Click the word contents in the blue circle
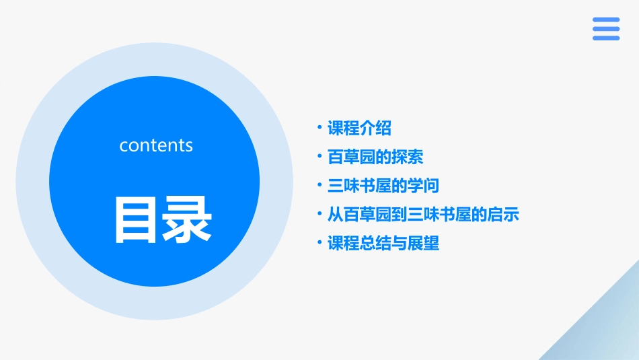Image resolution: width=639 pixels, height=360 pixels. [156, 145]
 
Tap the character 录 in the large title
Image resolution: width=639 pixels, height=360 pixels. [188, 220]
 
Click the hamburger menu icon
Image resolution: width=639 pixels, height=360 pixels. [606, 29]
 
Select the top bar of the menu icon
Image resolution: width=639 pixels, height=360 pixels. [606, 20]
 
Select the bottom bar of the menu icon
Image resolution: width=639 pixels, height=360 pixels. [606, 38]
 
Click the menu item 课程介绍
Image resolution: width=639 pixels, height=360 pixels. [359, 128]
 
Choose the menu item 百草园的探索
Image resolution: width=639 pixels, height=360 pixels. [375, 157]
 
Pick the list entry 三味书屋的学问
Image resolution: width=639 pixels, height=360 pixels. [383, 186]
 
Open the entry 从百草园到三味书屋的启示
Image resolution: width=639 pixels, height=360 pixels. [423, 215]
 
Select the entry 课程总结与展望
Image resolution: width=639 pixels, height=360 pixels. [383, 244]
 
